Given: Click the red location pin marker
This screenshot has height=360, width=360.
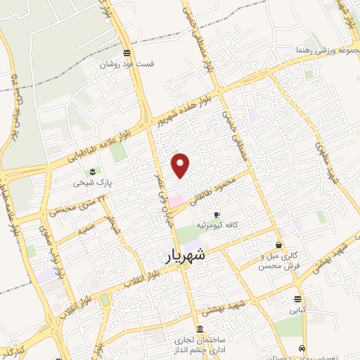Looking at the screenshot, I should [181, 165].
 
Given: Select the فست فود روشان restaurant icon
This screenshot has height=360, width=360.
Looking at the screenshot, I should [126, 53].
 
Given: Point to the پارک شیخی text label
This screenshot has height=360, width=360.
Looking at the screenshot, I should [89, 183].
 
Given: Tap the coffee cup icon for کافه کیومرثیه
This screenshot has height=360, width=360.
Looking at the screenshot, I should [217, 214].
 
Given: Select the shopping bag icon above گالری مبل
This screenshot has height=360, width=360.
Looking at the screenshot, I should [281, 245].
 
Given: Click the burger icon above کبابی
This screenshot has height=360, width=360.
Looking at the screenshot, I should [298, 298].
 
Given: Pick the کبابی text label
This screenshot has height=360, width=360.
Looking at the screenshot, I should [298, 309].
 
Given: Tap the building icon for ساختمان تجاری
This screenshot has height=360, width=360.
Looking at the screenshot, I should [201, 329].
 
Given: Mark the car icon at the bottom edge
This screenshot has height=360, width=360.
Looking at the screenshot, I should [302, 349].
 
